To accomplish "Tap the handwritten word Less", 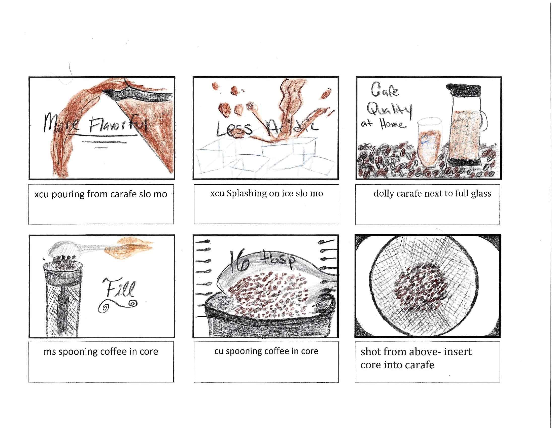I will (234, 129).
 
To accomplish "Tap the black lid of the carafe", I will (463, 90).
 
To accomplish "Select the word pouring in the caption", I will (68, 194).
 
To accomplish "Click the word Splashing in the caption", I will (247, 194).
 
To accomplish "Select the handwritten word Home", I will (392, 124).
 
